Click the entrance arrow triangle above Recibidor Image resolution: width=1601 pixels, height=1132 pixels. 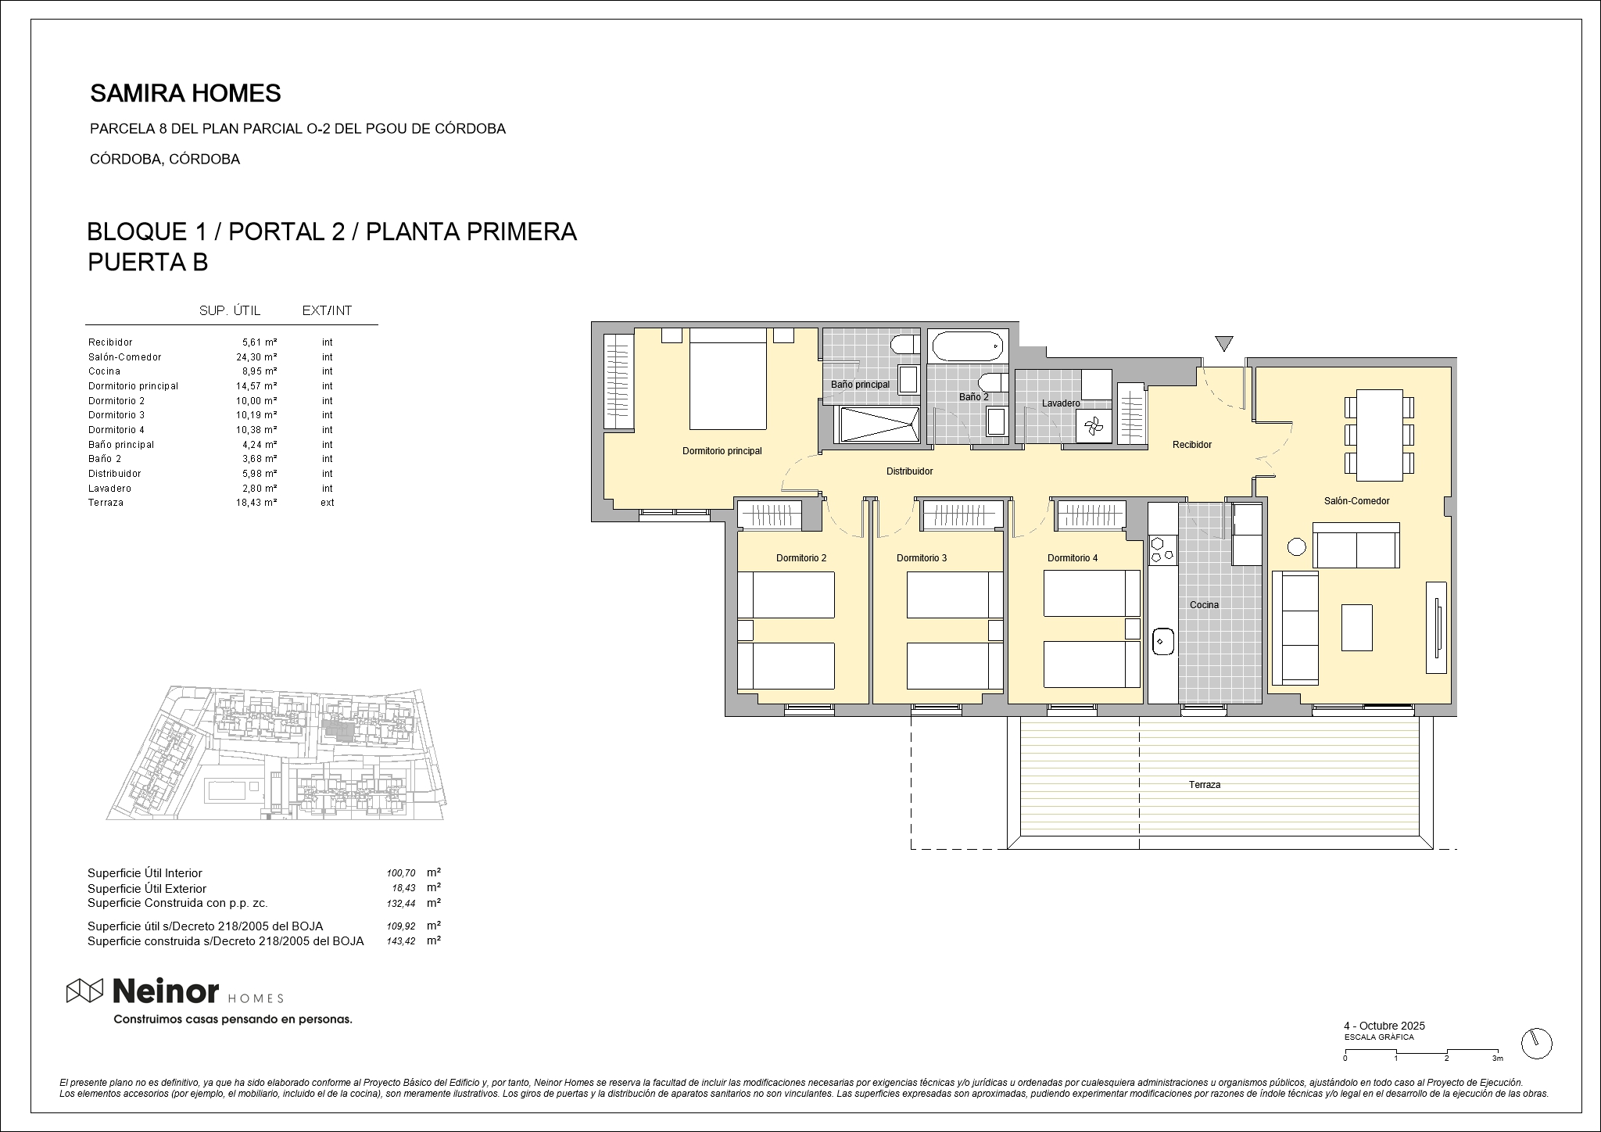1224,343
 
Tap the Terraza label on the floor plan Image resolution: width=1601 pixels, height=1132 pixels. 1205,784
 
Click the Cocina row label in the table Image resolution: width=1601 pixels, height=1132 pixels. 104,371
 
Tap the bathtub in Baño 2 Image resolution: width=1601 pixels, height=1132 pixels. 967,346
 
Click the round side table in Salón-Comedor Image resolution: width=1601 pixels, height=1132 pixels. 1297,547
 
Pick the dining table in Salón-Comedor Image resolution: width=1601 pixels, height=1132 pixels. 1380,435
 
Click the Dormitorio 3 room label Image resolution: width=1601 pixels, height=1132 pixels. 922,558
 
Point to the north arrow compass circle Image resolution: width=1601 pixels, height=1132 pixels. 1537,1043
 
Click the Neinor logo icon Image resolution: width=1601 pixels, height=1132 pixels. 84,990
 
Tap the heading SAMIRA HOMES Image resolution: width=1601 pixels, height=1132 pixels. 185,94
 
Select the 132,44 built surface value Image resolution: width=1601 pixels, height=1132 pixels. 401,904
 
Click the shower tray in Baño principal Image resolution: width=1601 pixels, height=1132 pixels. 879,425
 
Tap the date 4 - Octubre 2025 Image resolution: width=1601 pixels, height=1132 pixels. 1384,1026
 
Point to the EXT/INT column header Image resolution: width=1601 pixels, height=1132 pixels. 327,310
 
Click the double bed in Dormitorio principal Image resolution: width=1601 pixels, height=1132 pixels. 728,378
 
